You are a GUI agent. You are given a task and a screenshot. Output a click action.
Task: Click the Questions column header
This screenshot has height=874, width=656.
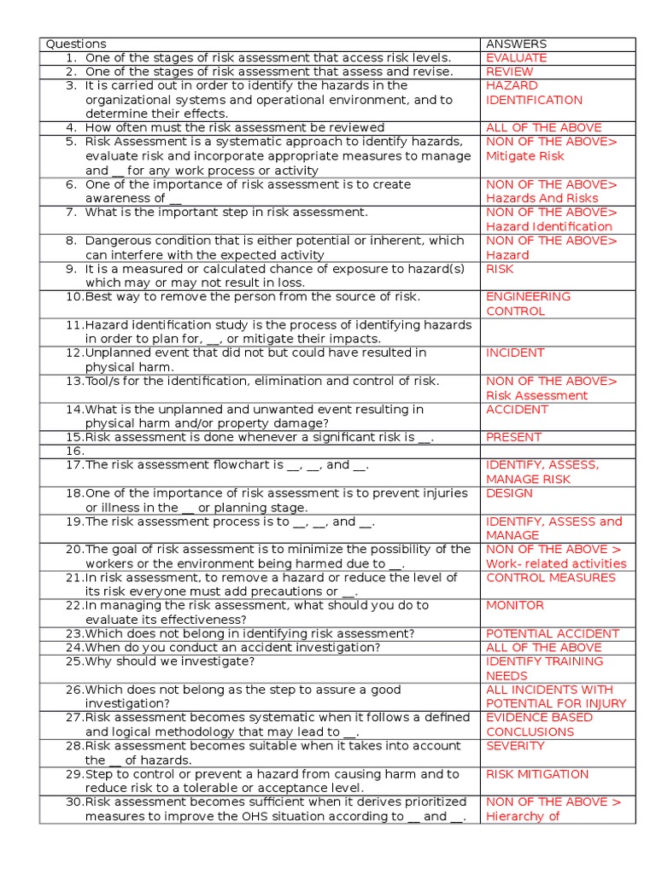pyautogui.click(x=76, y=44)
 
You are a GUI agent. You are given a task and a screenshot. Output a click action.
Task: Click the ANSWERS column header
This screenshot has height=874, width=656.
pyautogui.click(x=516, y=44)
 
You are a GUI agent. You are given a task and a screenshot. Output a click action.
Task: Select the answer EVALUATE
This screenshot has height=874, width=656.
pyautogui.click(x=516, y=58)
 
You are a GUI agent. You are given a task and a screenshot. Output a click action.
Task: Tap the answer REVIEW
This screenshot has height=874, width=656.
pyautogui.click(x=509, y=72)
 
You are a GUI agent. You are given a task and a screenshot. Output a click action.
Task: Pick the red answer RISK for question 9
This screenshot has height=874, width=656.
pyautogui.click(x=500, y=269)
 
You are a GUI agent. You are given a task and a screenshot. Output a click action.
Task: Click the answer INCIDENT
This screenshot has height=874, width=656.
pyautogui.click(x=514, y=353)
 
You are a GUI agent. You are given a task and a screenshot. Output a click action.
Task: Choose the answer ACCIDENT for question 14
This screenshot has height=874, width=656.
pyautogui.click(x=517, y=409)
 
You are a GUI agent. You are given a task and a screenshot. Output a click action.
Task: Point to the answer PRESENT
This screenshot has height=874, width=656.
pyautogui.click(x=513, y=437)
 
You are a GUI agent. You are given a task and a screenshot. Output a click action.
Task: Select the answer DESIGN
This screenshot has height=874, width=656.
pyautogui.click(x=509, y=493)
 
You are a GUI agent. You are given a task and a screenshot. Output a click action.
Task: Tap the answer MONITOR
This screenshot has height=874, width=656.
pyautogui.click(x=514, y=605)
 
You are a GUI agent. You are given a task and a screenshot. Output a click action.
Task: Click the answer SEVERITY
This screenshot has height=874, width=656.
pyautogui.click(x=515, y=746)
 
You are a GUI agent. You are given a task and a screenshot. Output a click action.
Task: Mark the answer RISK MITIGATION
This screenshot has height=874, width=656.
pyautogui.click(x=537, y=774)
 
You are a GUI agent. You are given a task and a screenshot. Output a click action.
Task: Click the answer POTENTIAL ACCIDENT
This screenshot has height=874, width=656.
pyautogui.click(x=552, y=633)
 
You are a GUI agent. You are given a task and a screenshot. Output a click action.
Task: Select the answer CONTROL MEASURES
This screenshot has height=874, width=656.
pyautogui.click(x=550, y=578)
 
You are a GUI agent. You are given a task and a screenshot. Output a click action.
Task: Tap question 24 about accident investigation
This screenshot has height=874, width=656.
pyautogui.click(x=232, y=647)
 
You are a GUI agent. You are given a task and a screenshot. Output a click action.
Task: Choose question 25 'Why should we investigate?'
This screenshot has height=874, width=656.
pyautogui.click(x=169, y=661)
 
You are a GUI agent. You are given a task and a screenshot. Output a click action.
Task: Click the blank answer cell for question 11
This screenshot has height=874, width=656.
pyautogui.click(x=558, y=331)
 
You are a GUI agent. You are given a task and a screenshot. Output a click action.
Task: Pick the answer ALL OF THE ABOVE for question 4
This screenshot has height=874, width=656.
pyautogui.click(x=543, y=128)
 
